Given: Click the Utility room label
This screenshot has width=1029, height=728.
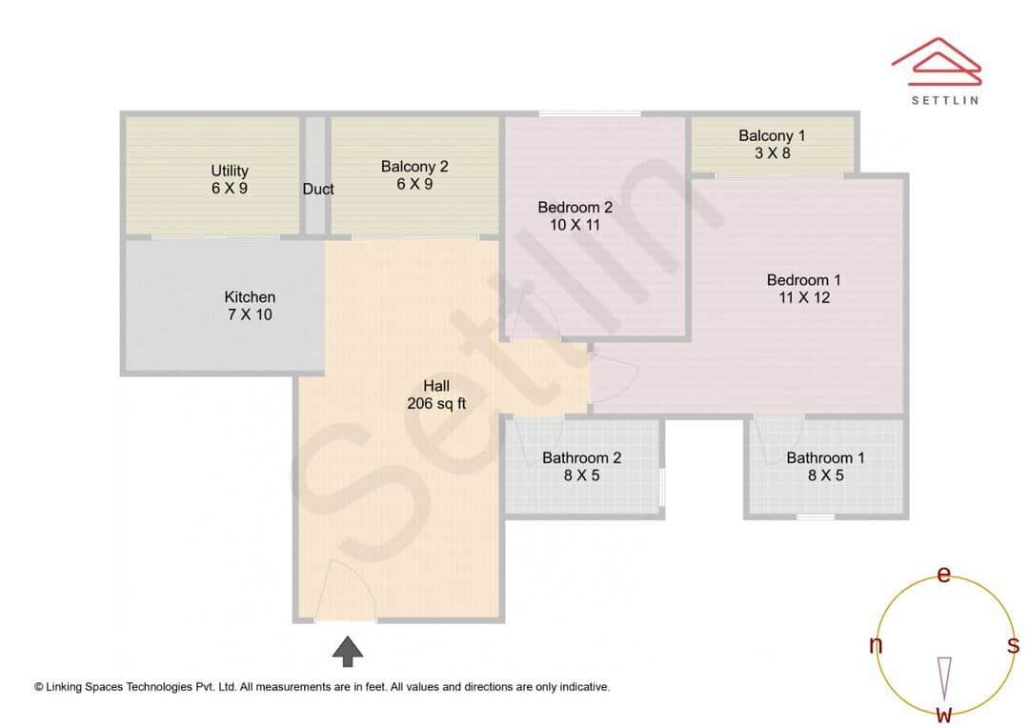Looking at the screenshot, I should click(x=230, y=171).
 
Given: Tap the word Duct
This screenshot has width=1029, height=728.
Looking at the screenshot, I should click(x=318, y=189).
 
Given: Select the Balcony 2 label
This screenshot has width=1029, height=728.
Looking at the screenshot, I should click(x=414, y=167).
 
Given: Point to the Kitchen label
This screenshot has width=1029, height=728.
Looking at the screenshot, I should click(x=250, y=297).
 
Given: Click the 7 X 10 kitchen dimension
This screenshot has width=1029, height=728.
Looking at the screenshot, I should click(x=250, y=314).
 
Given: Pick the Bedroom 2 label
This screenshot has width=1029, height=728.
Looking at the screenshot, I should click(x=575, y=207).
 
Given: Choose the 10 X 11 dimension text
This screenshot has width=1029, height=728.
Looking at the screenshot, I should click(x=575, y=225).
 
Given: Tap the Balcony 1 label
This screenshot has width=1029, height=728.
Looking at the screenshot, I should click(x=772, y=135).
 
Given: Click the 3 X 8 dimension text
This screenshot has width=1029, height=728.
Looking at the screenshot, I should click(x=772, y=152).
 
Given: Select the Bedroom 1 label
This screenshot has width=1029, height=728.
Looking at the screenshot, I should click(x=803, y=280).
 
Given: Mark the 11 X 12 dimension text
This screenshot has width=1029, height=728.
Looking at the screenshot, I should click(x=803, y=297).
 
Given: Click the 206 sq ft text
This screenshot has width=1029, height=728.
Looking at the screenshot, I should click(x=436, y=403).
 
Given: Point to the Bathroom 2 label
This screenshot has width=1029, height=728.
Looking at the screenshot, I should click(x=581, y=458).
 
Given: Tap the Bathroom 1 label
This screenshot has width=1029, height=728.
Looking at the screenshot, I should click(x=825, y=458).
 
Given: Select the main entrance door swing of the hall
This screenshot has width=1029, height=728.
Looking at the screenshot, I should click(x=345, y=592).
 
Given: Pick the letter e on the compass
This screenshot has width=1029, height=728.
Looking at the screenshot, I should click(x=944, y=574).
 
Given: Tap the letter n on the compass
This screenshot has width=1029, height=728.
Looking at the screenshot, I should click(x=876, y=645).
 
